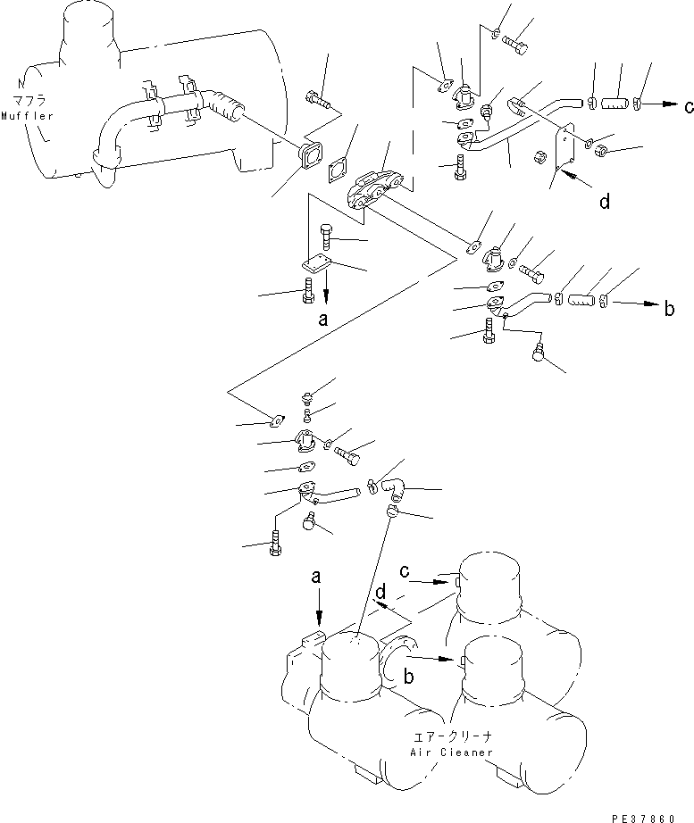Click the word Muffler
tap(28, 116)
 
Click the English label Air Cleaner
tap(451, 752)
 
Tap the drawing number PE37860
tap(643, 818)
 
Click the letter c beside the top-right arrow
tap(689, 106)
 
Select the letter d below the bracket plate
tap(605, 201)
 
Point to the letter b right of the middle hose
tap(669, 308)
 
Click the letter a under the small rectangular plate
tap(323, 319)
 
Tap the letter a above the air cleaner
tap(316, 578)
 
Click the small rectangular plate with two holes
tap(316, 263)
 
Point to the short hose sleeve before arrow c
tap(615, 103)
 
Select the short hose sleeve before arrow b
tap(582, 301)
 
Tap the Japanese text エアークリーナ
tap(452, 737)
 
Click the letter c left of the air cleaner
tap(404, 571)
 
